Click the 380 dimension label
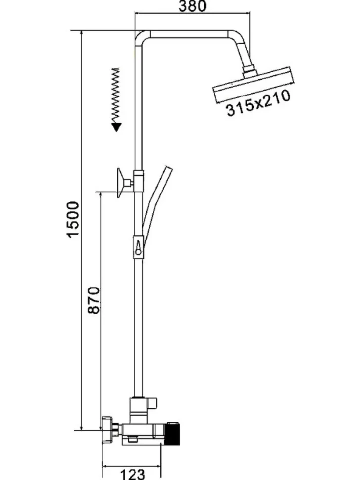point(192,6)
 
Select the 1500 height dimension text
point(73,220)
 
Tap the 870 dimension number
point(93,300)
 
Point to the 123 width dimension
point(132,474)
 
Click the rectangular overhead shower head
point(254,85)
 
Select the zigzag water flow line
point(115,96)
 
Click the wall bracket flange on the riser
point(120,183)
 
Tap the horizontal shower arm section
point(189,34)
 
